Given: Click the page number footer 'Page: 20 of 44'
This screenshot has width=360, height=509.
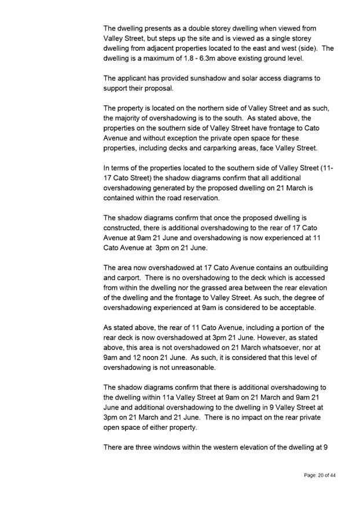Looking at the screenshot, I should pos(320,475).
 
